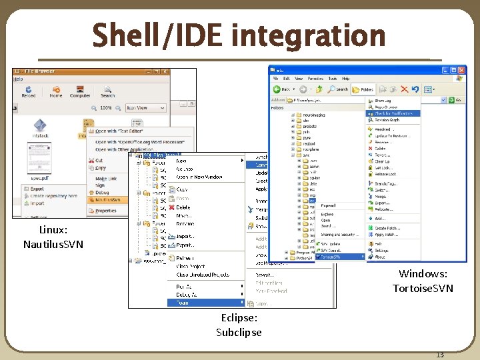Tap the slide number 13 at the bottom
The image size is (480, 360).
pos(439,355)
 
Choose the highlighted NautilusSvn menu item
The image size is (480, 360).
pos(107,199)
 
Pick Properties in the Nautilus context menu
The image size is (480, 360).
pos(105,211)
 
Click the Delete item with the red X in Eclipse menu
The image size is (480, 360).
pos(183,207)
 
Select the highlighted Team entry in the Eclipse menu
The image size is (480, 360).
pos(182,303)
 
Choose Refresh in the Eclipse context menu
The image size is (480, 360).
pos(185,258)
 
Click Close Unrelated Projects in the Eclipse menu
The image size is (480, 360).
pos(203,275)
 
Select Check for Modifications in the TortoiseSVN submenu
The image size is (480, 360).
pos(393,113)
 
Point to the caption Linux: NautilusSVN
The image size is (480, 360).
pos(53,237)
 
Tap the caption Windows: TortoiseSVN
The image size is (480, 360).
pos(423,281)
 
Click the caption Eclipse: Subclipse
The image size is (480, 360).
pos(239,325)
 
